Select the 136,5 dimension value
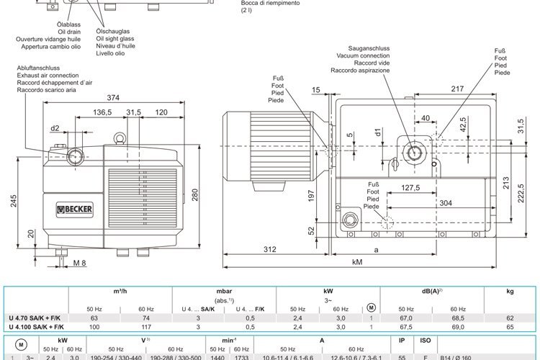coord(102,112)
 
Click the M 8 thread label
coord(79,263)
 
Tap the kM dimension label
coord(357,263)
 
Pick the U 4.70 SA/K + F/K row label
coord(35,318)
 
